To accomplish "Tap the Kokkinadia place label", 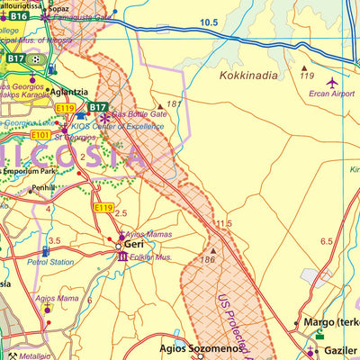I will coord(248,76).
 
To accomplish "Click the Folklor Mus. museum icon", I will coord(122,257).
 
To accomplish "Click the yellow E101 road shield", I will coord(40,136).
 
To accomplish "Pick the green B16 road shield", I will coord(20,16).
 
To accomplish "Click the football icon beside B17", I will coord(36,58).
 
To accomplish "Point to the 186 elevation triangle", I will coord(213,251).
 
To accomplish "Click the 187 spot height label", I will coord(174,104).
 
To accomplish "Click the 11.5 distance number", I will coord(223,222).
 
